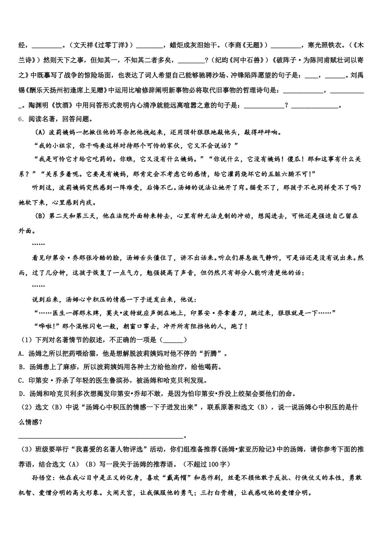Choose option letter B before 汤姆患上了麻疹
tap(21, 367)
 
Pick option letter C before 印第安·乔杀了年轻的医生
tap(21, 380)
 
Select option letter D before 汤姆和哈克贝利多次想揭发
tap(21, 393)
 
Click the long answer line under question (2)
tap(101, 436)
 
